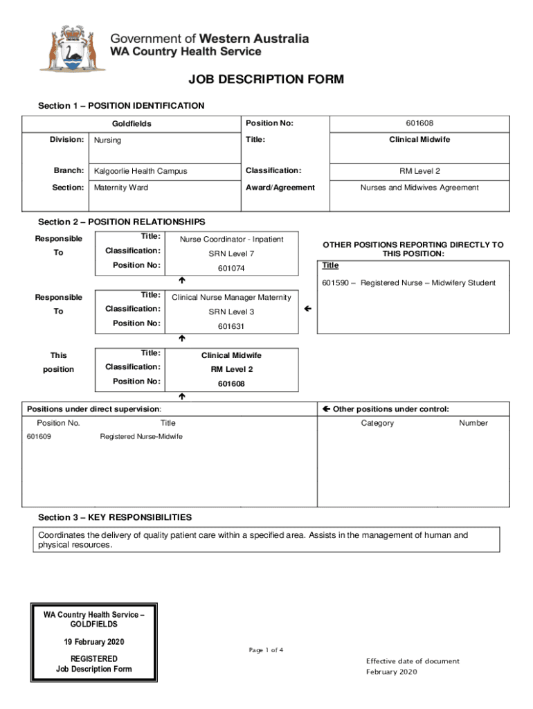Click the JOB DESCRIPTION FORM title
pos(266,80)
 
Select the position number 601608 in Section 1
pos(419,123)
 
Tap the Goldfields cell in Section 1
pos(132,124)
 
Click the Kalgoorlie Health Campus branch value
pos(141,171)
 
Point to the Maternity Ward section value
pos(121,188)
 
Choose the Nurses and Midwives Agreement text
pos(419,188)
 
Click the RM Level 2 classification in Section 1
pos(419,171)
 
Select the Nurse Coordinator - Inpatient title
pos(231,240)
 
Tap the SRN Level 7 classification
pos(231,254)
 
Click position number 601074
pos(231,269)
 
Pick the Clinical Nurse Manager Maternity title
pos(231,298)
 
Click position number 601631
pos(231,327)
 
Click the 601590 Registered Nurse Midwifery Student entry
pos(408,282)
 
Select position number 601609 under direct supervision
pos(39,437)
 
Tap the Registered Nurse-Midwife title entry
pos(141,437)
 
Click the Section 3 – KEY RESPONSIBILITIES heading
pos(115,518)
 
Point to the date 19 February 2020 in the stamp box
pos(91,642)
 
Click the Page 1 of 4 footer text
pos(266,650)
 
